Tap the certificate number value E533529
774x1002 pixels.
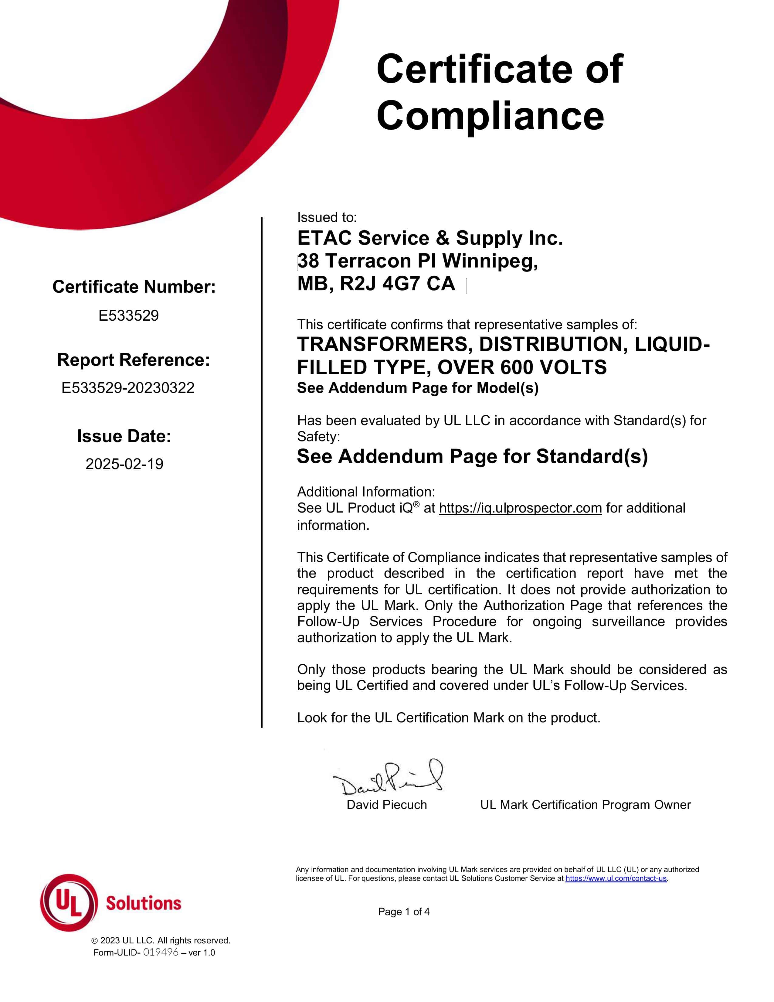click(128, 316)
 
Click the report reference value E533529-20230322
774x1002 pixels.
click(128, 388)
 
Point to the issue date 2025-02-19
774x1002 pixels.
click(124, 464)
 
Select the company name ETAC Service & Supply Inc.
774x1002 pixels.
click(429, 238)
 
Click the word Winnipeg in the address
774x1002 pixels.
click(490, 261)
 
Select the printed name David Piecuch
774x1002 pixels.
click(386, 805)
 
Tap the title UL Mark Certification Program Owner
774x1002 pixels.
click(585, 805)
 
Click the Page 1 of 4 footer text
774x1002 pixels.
click(403, 912)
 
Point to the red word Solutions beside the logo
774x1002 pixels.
click(144, 903)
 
